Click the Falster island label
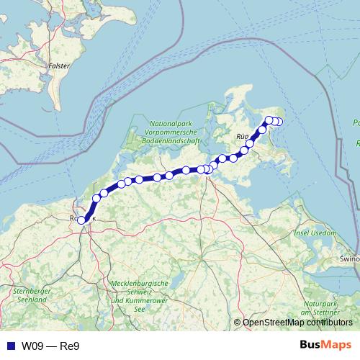click(x=58, y=66)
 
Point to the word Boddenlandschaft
click(x=172, y=142)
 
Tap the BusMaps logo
click(x=325, y=345)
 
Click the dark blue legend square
click(x=9, y=345)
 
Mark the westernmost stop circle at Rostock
click(x=81, y=221)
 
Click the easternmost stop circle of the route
click(x=279, y=122)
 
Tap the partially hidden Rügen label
click(x=242, y=135)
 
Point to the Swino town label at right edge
click(x=351, y=258)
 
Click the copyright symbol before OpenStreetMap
click(x=237, y=323)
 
